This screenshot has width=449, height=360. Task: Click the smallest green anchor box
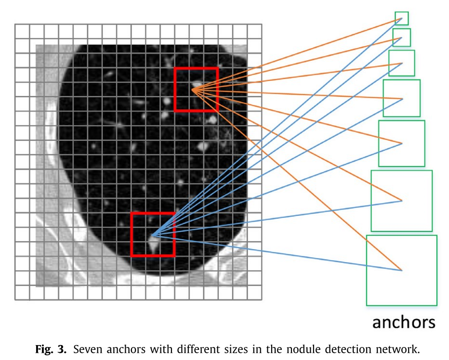pos(401,18)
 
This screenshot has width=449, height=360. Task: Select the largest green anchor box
pos(401,270)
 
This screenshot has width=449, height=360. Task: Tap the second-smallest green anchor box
pos(401,38)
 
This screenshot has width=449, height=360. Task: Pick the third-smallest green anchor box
pos(401,63)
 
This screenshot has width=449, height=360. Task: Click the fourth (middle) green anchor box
pos(401,98)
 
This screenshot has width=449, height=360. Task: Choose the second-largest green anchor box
pos(401,200)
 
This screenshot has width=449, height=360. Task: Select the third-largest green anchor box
pos(401,143)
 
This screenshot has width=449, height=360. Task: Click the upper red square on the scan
pos(196,89)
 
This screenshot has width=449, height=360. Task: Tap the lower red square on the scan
pos(153,234)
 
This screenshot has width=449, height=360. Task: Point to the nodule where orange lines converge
pos(195,88)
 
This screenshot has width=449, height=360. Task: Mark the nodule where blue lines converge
pos(154,239)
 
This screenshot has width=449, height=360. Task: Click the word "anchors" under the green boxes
pos(404,322)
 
